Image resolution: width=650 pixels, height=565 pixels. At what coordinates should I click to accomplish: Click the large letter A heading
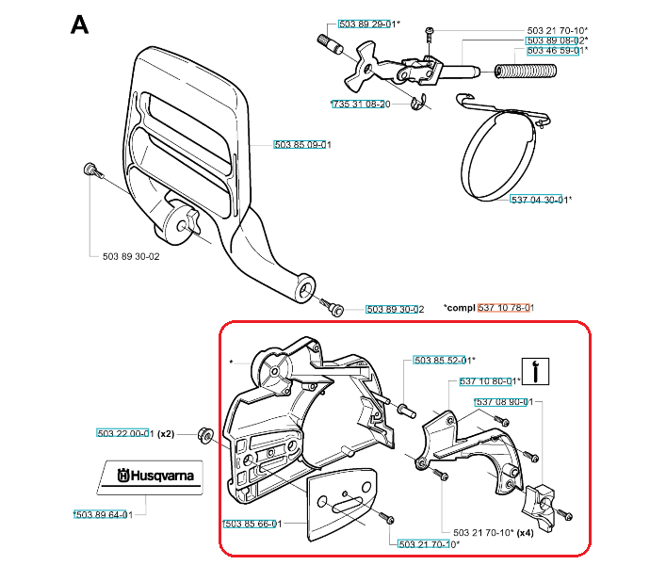[x=80, y=24]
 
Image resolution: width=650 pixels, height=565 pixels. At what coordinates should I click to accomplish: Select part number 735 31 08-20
[x=361, y=104]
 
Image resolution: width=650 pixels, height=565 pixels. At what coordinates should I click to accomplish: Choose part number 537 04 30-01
[x=540, y=200]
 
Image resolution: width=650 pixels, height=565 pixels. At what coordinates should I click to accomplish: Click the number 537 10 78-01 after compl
[x=506, y=308]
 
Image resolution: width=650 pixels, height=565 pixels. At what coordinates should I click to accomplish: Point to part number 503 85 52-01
[x=442, y=360]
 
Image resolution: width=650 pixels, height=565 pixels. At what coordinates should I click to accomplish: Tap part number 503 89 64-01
[x=106, y=513]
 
